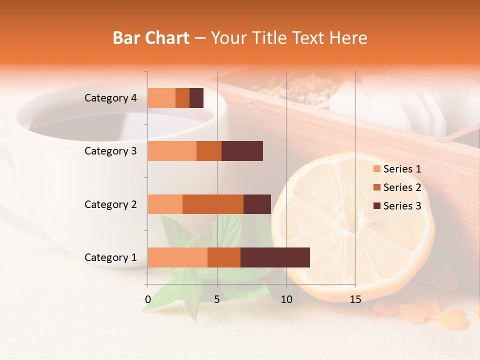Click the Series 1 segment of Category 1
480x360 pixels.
(177, 257)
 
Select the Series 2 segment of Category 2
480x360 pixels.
(213, 204)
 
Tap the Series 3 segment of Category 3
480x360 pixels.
(242, 151)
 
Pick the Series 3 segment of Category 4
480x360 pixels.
(196, 98)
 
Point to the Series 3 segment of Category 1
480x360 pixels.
(275, 257)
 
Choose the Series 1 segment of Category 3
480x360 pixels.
(172, 151)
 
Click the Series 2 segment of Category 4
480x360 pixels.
(182, 98)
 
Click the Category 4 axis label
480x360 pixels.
(110, 98)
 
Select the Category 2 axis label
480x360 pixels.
(110, 204)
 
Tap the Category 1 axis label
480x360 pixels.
(110, 257)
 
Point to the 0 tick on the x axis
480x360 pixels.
(148, 299)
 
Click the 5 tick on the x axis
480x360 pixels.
(217, 299)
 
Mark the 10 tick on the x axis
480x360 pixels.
(286, 299)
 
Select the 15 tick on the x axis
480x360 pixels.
(355, 299)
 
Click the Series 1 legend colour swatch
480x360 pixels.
(377, 169)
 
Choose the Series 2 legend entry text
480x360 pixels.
(402, 187)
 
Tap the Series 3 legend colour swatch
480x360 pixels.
(377, 206)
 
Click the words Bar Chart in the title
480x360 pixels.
(151, 37)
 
